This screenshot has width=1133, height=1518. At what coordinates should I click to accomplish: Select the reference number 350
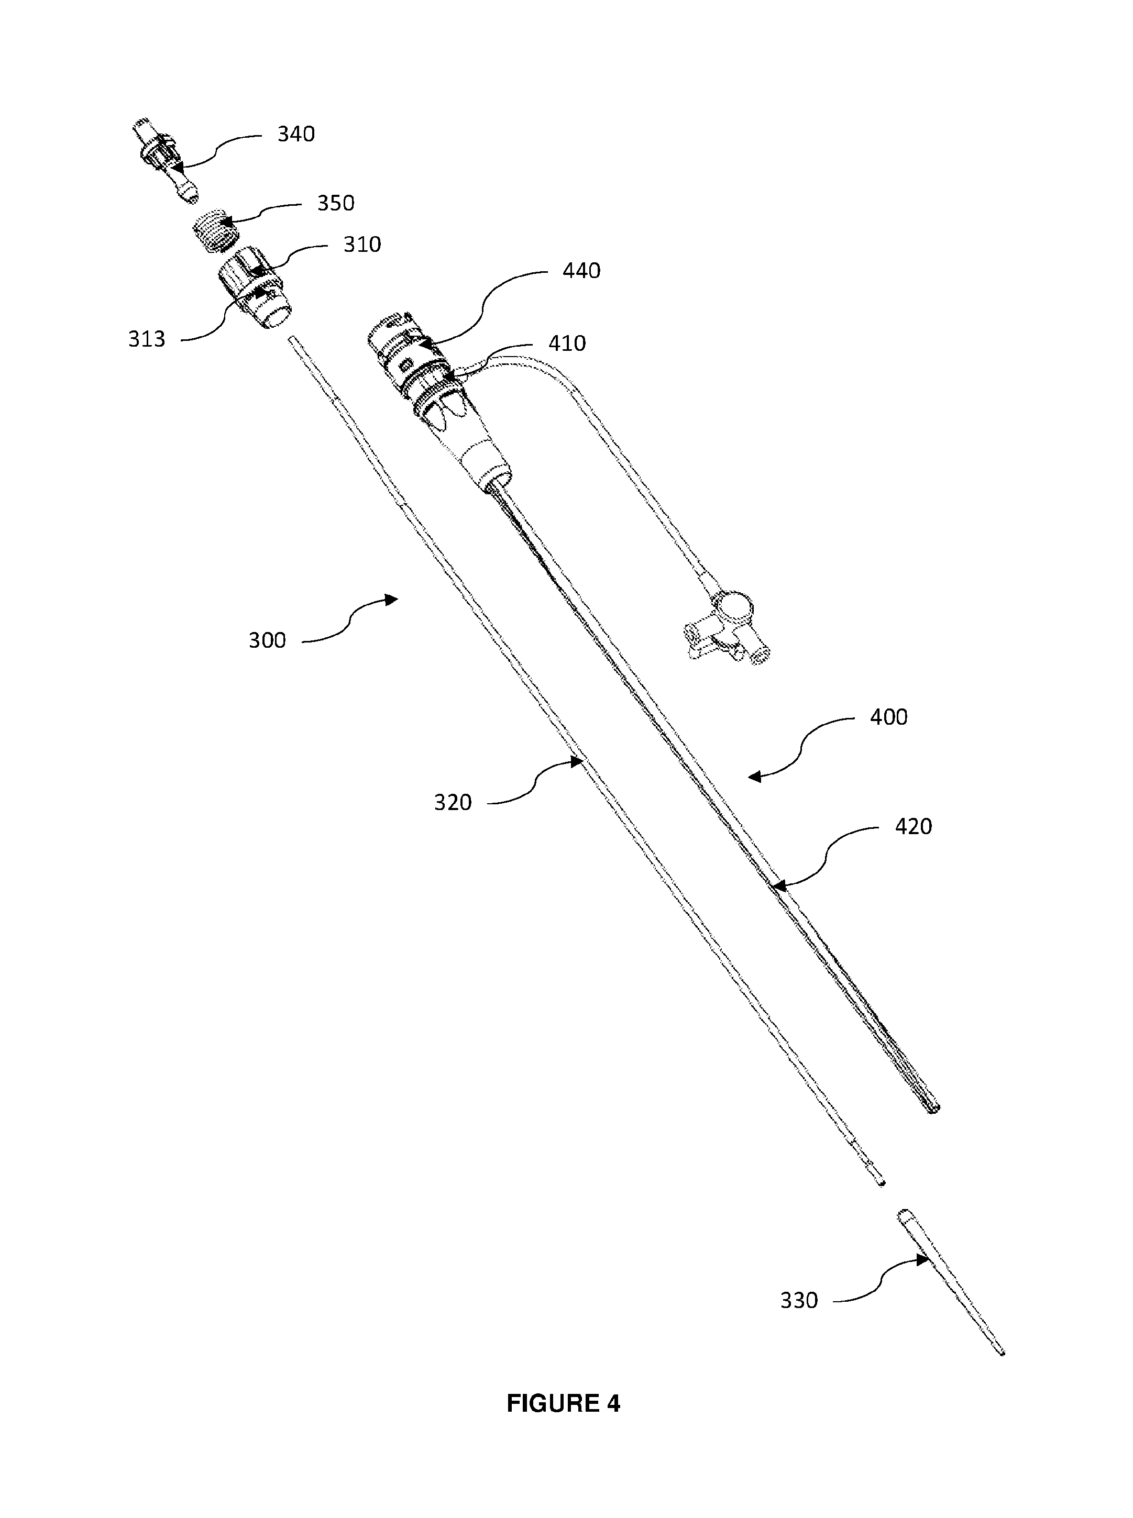(335, 204)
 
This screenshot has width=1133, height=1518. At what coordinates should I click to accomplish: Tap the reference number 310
(362, 245)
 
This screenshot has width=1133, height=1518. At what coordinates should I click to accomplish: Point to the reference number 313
(147, 339)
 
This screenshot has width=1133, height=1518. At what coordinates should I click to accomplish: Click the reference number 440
(581, 271)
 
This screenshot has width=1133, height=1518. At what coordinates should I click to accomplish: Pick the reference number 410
(567, 344)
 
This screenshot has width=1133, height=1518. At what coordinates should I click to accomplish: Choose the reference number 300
(267, 640)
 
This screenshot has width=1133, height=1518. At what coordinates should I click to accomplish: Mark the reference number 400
(889, 717)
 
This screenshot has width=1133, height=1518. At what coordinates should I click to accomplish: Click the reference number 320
(453, 803)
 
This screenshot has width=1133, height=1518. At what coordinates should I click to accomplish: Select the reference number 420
(914, 827)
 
